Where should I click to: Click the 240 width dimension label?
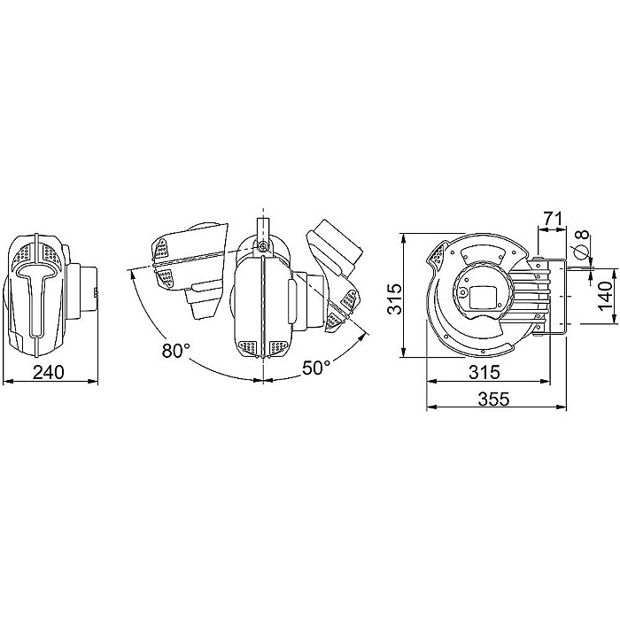[49, 372]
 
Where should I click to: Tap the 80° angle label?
[174, 351]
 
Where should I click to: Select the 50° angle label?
[316, 366]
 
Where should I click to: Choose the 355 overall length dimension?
[492, 399]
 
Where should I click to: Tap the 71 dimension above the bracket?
[552, 217]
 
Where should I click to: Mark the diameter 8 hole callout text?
[582, 244]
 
